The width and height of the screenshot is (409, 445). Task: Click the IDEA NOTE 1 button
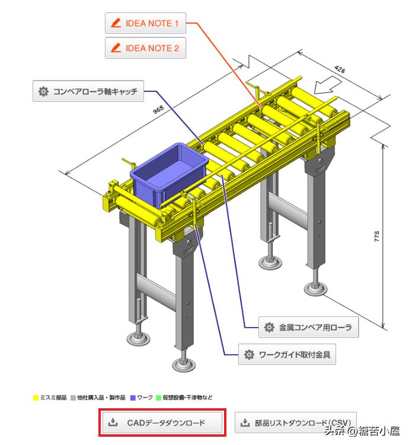point(145,23)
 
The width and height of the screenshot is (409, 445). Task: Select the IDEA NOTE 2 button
point(145,47)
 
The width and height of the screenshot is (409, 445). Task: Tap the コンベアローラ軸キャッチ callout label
point(88,91)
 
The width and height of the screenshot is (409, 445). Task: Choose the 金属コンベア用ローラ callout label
point(308,327)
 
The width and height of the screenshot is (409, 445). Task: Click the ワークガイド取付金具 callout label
point(287,354)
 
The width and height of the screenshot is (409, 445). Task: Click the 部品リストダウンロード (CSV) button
point(295,422)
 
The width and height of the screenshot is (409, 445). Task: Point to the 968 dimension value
point(158,109)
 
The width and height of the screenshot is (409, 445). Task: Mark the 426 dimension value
point(340,69)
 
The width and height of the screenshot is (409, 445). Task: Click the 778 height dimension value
point(376,236)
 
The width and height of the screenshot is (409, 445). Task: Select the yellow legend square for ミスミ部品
point(36,398)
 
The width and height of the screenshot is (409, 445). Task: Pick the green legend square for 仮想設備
point(158,398)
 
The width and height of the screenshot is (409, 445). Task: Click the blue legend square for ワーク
point(133,398)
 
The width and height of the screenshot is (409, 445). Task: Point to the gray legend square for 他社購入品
point(74,398)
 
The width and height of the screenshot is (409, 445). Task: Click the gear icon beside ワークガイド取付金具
point(249,354)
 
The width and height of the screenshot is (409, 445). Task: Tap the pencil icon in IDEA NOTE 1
point(116,23)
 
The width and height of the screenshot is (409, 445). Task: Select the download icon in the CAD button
point(113,422)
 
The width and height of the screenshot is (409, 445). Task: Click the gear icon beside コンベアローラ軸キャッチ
point(43,91)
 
